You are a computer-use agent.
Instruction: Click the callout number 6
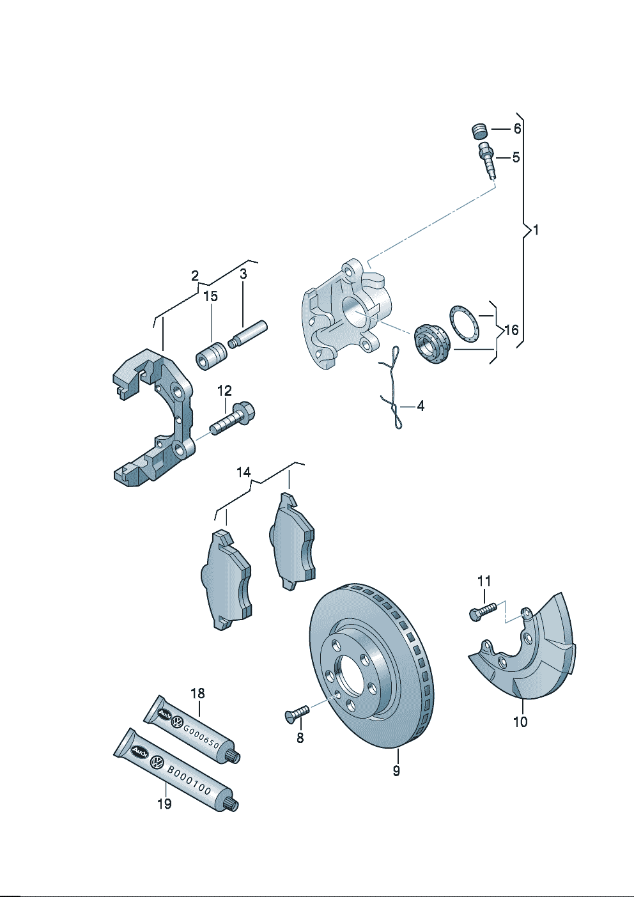[x=517, y=129]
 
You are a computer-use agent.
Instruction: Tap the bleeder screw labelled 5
[x=487, y=160]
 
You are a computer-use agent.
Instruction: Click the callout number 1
[x=536, y=230]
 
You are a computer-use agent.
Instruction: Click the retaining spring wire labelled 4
[x=392, y=390]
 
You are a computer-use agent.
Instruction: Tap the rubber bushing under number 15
[x=212, y=357]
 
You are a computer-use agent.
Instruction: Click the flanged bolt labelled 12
[x=231, y=419]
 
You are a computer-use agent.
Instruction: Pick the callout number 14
[x=244, y=472]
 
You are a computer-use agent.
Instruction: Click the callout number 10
[x=520, y=722]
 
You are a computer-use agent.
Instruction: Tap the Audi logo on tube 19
[x=139, y=752]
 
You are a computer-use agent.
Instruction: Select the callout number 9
[x=396, y=770]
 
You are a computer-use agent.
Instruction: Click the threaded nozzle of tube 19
[x=232, y=804]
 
